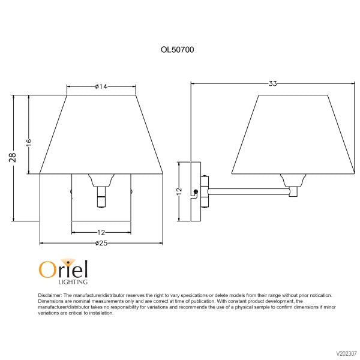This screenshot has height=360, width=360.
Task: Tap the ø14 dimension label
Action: [101, 87]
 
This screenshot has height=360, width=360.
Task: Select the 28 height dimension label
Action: [13, 157]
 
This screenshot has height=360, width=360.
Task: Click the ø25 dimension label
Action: [101, 243]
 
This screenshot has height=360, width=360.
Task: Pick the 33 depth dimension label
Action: [272, 83]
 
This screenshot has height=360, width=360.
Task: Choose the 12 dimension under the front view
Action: [101, 232]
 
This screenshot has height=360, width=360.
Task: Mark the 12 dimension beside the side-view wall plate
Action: [179, 191]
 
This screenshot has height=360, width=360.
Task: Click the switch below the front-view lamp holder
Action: [101, 196]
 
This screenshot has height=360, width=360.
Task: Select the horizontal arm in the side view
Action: [249, 191]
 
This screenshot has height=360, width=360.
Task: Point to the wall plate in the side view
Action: [195, 191]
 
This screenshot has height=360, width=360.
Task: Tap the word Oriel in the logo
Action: [64, 269]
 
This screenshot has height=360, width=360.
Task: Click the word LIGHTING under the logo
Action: [73, 281]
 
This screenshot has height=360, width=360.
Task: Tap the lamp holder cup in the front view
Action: [101, 179]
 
